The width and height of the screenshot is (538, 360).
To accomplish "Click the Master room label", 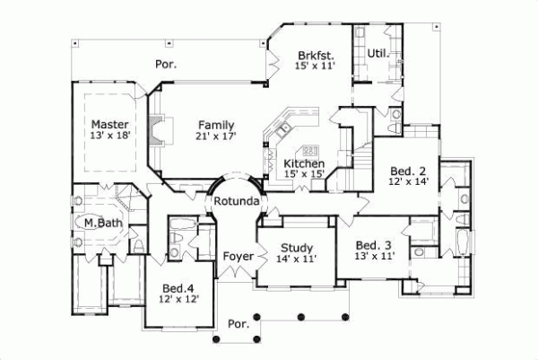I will click(108, 124).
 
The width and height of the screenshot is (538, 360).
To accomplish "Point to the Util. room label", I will click(377, 54).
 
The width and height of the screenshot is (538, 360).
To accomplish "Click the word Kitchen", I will click(303, 163).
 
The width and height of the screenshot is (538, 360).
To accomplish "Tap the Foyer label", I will click(239, 256).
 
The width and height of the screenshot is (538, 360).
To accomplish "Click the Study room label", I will click(295, 248).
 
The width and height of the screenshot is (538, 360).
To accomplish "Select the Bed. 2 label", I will click(408, 170).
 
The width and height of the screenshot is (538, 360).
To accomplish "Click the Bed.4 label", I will click(179, 288).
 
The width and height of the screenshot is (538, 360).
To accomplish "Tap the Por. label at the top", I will click(166, 65).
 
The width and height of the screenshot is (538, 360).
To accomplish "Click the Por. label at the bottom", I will click(238, 323).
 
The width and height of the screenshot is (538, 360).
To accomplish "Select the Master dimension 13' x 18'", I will click(109, 136).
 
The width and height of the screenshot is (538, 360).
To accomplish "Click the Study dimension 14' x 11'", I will click(295, 259).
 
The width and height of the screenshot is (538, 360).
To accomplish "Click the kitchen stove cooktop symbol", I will click(311, 150).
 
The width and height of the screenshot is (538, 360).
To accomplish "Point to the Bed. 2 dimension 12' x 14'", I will click(408, 181).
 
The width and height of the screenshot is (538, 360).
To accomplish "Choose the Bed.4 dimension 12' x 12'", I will click(179, 300).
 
